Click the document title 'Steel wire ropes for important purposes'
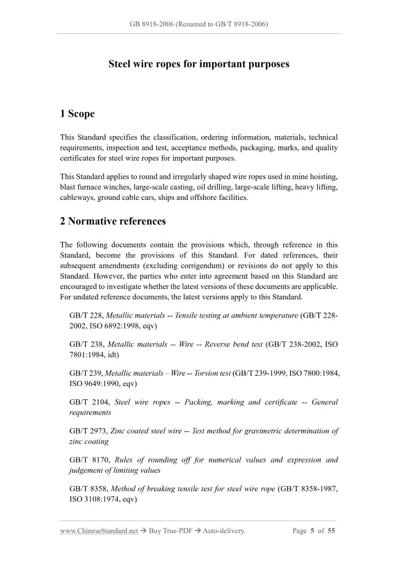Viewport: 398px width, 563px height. pyautogui.click(x=199, y=64)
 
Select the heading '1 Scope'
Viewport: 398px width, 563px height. pyautogui.click(x=77, y=114)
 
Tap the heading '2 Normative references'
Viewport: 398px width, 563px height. pyautogui.click(x=113, y=221)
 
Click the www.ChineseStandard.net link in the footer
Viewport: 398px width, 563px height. pyautogui.click(x=99, y=531)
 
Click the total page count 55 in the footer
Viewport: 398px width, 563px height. pyautogui.click(x=331, y=531)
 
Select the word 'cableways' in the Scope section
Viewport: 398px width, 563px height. pyautogui.click(x=78, y=198)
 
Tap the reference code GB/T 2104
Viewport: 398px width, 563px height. pyautogui.click(x=86, y=402)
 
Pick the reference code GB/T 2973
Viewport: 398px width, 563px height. pyautogui.click(x=86, y=431)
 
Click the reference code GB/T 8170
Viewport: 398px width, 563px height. pyautogui.click(x=86, y=460)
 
